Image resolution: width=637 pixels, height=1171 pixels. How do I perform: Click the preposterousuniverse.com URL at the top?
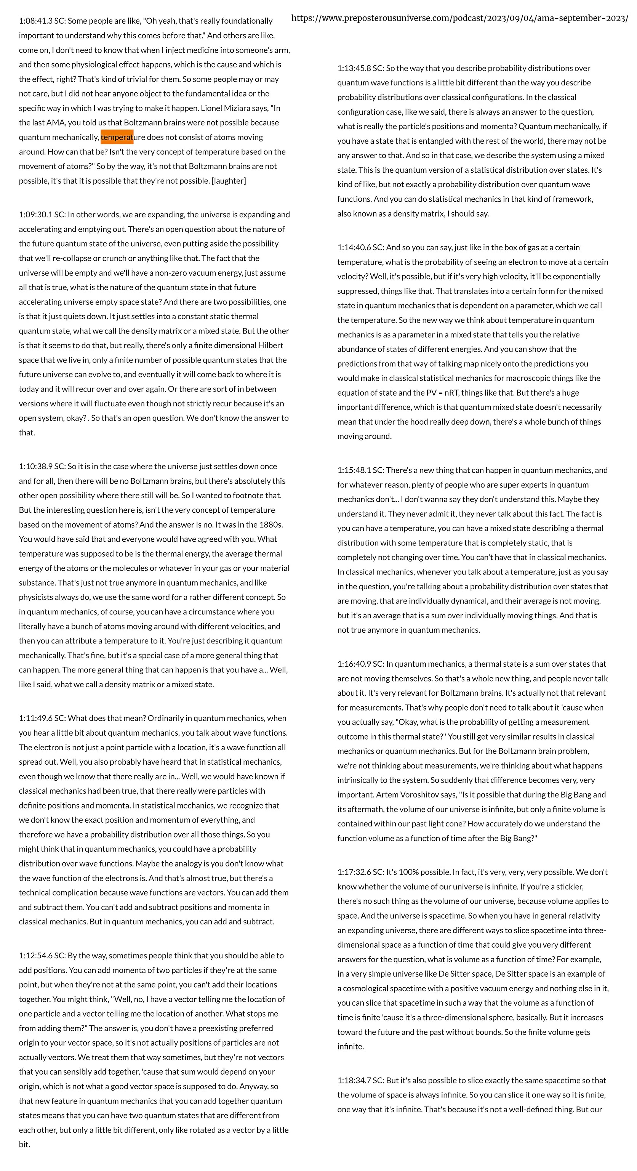pyautogui.click(x=459, y=18)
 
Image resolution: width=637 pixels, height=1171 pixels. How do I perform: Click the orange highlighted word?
pyautogui.click(x=117, y=137)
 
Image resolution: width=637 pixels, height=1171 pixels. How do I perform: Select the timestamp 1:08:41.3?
pyautogui.click(x=35, y=21)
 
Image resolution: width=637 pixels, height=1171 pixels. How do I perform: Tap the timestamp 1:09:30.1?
pyautogui.click(x=35, y=215)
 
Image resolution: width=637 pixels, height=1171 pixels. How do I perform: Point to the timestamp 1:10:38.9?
pyautogui.click(x=35, y=467)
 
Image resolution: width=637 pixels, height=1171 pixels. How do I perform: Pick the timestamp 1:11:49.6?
pyautogui.click(x=35, y=718)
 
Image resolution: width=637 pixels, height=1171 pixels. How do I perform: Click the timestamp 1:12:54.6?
pyautogui.click(x=35, y=956)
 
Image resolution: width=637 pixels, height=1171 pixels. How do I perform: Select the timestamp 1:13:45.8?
pyautogui.click(x=354, y=68)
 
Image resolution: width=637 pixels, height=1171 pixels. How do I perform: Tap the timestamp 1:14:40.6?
pyautogui.click(x=354, y=247)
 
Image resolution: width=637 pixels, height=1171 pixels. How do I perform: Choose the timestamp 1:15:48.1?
pyautogui.click(x=354, y=470)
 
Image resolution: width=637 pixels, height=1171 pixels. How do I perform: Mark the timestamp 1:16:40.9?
pyautogui.click(x=354, y=664)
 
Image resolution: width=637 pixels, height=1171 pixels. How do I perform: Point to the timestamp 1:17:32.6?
pyautogui.click(x=354, y=872)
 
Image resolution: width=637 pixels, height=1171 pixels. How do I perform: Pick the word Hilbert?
pyautogui.click(x=270, y=345)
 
